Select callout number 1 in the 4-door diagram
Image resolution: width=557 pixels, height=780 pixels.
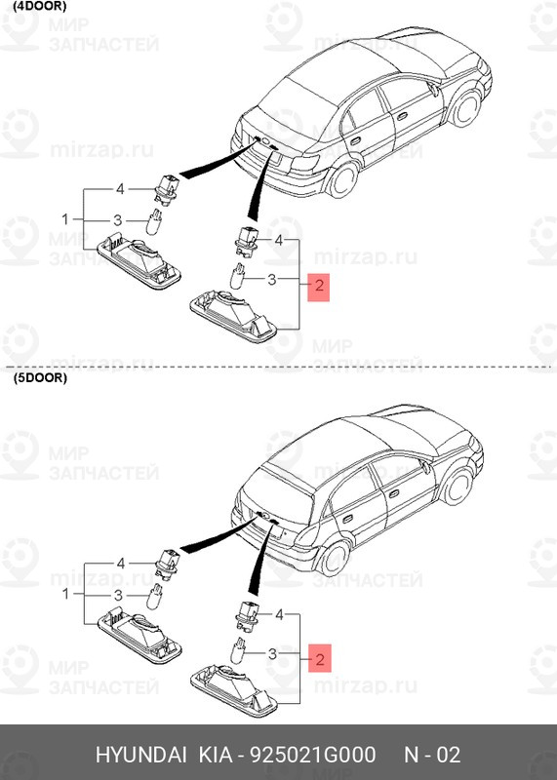(66, 217)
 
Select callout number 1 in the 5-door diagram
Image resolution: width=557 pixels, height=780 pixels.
(66, 593)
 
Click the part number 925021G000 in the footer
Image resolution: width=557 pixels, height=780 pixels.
(313, 756)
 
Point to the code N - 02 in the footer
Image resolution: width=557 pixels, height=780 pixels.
(432, 756)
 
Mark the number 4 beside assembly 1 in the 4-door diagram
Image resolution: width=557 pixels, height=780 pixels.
(120, 188)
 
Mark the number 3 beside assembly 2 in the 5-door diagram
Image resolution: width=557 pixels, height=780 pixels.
(274, 653)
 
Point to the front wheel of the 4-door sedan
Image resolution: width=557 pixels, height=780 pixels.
(474, 105)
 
